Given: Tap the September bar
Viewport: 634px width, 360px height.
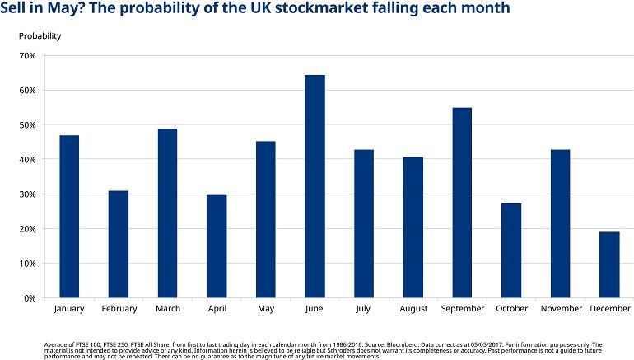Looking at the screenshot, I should click(462, 203).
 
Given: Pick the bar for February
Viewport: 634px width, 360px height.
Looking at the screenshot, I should click(118, 244).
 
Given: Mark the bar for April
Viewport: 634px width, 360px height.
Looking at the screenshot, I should click(217, 246).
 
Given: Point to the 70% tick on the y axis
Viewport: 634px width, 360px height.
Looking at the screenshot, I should click(26, 56).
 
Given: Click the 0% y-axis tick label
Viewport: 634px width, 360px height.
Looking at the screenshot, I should click(29, 298).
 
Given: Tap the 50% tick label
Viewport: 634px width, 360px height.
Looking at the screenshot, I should click(26, 125).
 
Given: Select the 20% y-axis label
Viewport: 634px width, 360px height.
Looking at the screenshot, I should click(26, 229).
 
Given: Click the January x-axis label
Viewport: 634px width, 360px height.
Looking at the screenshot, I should click(69, 310).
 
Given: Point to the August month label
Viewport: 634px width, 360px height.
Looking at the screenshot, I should click(413, 310).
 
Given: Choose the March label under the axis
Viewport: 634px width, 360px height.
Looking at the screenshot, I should click(167, 310).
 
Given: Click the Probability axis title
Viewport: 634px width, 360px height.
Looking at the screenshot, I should click(40, 36).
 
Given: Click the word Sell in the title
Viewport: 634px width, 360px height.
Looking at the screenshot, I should click(15, 9).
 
